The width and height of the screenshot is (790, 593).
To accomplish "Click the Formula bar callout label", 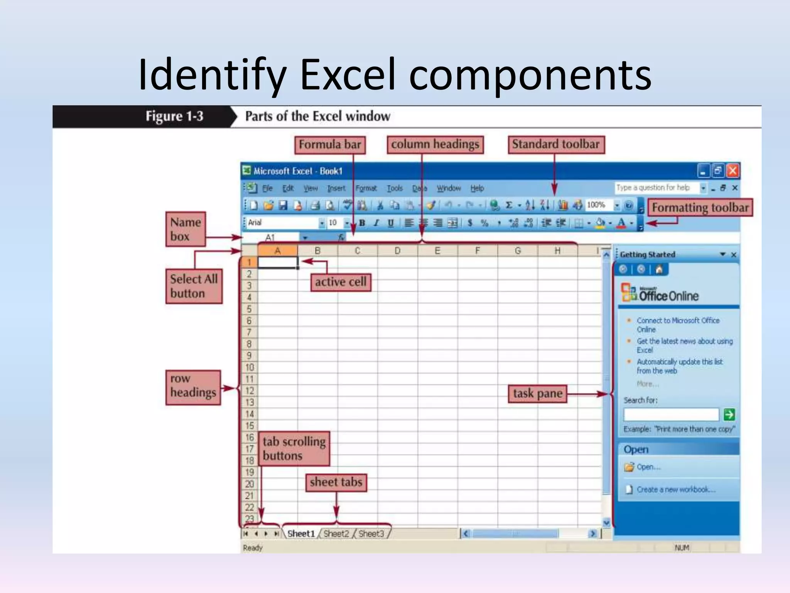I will click(x=330, y=145).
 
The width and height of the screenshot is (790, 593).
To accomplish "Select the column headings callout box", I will click(x=435, y=145).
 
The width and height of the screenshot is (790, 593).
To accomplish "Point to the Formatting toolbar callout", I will click(x=700, y=208).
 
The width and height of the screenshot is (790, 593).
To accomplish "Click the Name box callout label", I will click(x=186, y=229).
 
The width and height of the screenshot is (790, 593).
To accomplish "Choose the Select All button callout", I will click(x=194, y=286).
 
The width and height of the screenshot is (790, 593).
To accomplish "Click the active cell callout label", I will click(x=341, y=282).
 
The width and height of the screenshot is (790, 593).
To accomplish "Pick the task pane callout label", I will click(x=538, y=394).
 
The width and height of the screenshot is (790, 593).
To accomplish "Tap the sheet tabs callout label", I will click(x=336, y=482).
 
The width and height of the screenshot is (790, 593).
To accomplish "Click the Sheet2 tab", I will click(x=336, y=534).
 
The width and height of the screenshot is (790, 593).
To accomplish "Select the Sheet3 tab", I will click(x=371, y=534).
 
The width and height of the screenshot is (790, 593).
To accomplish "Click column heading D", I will click(x=397, y=251).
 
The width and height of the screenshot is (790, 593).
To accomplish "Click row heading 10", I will click(x=250, y=367).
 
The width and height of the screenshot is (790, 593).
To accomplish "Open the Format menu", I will click(x=366, y=188).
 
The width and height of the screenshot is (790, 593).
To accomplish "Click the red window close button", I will click(x=733, y=171).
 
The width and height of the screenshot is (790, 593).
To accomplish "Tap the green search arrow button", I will click(x=729, y=415).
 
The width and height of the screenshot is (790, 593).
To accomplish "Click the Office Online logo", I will click(x=660, y=293).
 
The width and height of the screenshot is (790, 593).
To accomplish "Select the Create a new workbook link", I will click(x=675, y=490).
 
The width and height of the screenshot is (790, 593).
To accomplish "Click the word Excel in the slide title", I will click(x=348, y=74).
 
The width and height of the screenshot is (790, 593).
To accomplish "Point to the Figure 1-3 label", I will click(x=174, y=116).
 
